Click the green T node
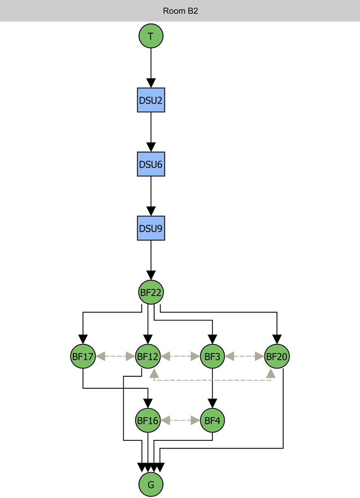tap(151, 36)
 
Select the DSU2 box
tap(151, 100)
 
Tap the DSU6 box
tap(151, 164)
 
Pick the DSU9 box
tap(151, 228)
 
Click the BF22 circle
tap(151, 292)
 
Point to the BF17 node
tap(83, 356)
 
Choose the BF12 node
tap(148, 356)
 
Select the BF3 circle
tap(212, 356)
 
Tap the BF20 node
tap(277, 356)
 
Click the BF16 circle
tap(148, 420)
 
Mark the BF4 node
tap(212, 420)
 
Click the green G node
tap(151, 484)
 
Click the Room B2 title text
tap(180, 11)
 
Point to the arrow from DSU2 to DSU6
tap(151, 131)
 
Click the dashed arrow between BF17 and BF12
tap(115, 356)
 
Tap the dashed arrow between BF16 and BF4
tap(180, 420)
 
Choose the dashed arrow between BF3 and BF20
tap(245, 356)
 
